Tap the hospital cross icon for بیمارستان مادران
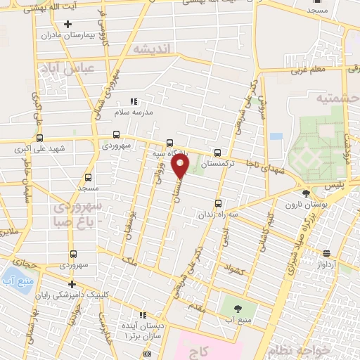(x=67, y=24)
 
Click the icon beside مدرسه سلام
(x=134, y=101)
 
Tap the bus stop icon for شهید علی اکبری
(x=39, y=138)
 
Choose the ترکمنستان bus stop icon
(x=217, y=153)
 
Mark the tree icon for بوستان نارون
(x=305, y=193)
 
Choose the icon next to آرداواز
(x=328, y=254)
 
